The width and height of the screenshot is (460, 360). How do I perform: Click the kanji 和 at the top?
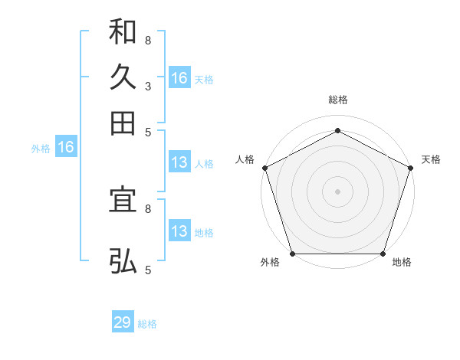pyautogui.click(x=123, y=32)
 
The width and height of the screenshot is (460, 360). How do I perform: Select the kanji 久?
pyautogui.click(x=123, y=77)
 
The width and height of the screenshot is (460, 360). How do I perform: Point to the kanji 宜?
pyautogui.click(x=123, y=200)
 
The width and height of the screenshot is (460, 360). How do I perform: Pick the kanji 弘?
pyautogui.click(x=123, y=260)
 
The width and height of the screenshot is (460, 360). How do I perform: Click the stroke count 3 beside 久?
pyautogui.click(x=147, y=86)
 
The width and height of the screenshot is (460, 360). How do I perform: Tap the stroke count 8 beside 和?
pyautogui.click(x=147, y=40)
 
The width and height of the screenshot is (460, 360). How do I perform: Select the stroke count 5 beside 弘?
pyautogui.click(x=147, y=270)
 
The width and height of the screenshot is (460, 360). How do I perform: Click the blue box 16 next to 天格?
pyautogui.click(x=179, y=78)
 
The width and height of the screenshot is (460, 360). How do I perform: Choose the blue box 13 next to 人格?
pyautogui.click(x=179, y=162)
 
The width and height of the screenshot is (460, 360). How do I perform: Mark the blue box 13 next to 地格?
pyautogui.click(x=179, y=231)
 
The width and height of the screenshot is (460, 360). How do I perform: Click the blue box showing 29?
pyautogui.click(x=123, y=322)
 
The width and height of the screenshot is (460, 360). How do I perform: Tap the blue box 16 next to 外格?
pyautogui.click(x=66, y=148)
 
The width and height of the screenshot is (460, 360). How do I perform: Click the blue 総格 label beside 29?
pyautogui.click(x=147, y=324)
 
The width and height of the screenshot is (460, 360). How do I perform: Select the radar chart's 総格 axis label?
pyautogui.click(x=337, y=100)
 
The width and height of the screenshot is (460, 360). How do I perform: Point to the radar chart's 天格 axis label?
pyautogui.click(x=431, y=159)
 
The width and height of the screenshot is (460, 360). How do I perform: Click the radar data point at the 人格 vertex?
pyautogui.click(x=264, y=167)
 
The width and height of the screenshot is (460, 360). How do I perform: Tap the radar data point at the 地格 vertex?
pyautogui.click(x=383, y=254)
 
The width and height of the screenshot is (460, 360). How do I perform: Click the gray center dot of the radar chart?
pyautogui.click(x=337, y=191)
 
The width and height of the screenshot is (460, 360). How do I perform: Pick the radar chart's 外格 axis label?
pyautogui.click(x=270, y=263)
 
